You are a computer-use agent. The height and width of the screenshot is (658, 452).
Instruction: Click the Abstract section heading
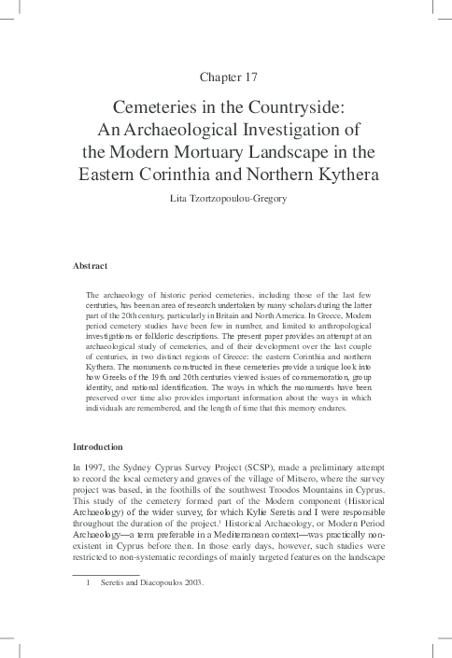(x=91, y=267)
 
